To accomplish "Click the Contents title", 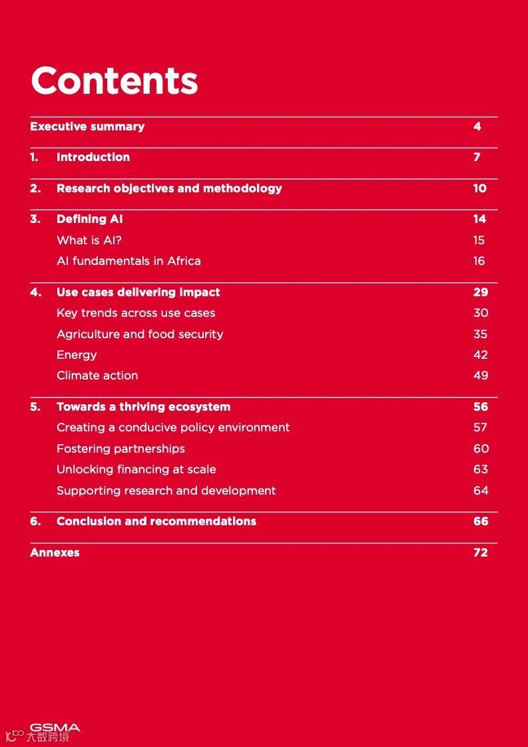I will click(x=115, y=81).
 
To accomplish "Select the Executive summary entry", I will click(x=87, y=126).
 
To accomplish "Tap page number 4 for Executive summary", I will click(x=477, y=126).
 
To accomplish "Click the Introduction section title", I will click(x=93, y=157).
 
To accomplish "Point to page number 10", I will click(x=479, y=188).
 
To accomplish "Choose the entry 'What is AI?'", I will click(x=89, y=240).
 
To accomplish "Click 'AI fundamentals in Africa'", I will click(x=129, y=261).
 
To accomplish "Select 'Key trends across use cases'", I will click(x=136, y=313).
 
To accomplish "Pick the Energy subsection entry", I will click(x=77, y=355).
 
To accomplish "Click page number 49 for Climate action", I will click(x=481, y=375).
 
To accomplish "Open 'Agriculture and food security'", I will click(x=140, y=334).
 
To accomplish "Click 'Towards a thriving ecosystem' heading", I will click(x=143, y=407).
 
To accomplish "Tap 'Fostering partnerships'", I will click(x=121, y=449).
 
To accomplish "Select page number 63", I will click(x=481, y=469).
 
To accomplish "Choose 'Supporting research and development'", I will click(x=166, y=491).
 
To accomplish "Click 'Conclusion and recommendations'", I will click(x=156, y=521).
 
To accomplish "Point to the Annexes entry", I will click(x=55, y=553).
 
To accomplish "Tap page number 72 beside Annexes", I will click(x=481, y=553).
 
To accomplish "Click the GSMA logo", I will click(x=55, y=728).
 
